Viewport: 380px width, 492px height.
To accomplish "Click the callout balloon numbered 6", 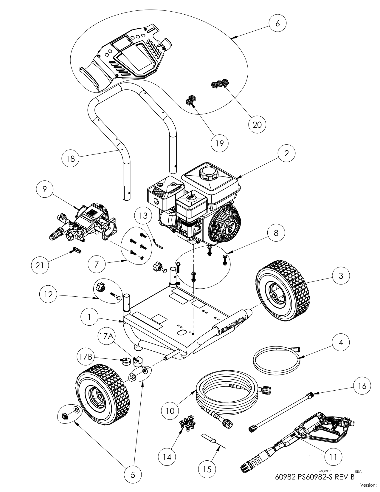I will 277,23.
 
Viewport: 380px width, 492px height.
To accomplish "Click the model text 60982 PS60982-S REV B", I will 315,476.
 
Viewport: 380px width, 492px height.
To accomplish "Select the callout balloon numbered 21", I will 40,264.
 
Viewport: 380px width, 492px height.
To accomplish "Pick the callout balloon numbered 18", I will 71,158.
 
